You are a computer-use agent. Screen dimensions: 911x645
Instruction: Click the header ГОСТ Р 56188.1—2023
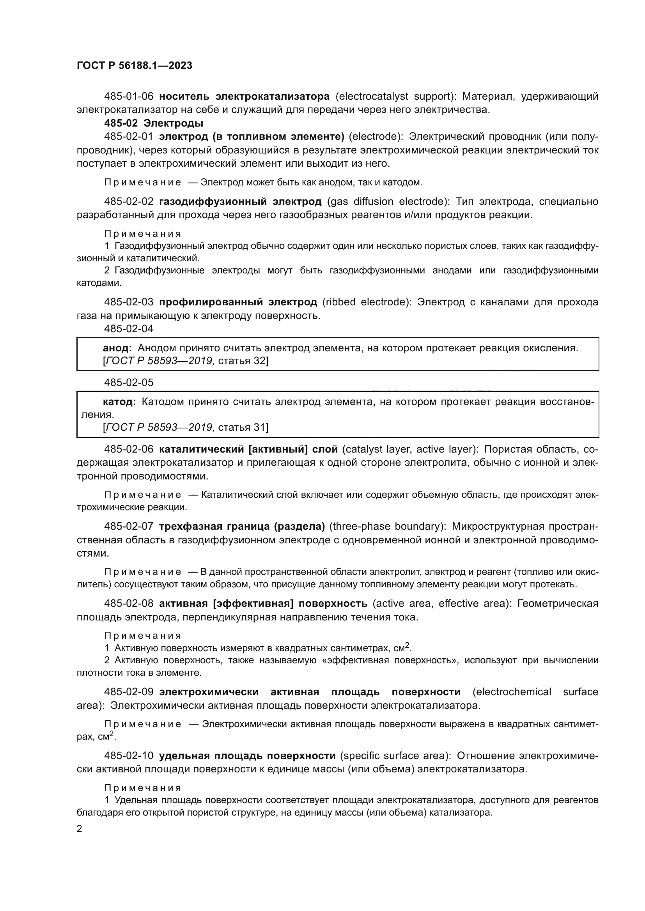point(134,65)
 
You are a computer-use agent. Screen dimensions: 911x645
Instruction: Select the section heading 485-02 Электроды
point(153,123)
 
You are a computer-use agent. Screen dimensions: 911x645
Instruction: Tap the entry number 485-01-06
point(128,97)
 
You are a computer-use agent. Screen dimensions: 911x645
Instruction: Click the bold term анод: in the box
point(117,348)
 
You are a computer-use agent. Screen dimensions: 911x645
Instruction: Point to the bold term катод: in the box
point(119,402)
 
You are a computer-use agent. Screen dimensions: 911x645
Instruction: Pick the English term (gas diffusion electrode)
point(388,202)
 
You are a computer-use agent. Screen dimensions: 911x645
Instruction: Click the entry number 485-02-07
point(128,527)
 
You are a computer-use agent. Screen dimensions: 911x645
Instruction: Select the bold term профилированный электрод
point(238,302)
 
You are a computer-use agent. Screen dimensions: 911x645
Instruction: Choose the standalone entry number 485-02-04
point(128,329)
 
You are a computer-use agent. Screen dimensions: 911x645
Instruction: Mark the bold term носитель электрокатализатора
point(244,97)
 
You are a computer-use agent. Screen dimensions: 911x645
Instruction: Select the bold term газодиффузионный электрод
point(240,202)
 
